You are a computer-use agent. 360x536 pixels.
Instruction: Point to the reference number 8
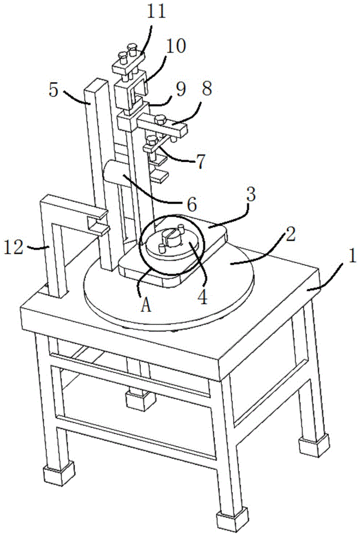205,90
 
